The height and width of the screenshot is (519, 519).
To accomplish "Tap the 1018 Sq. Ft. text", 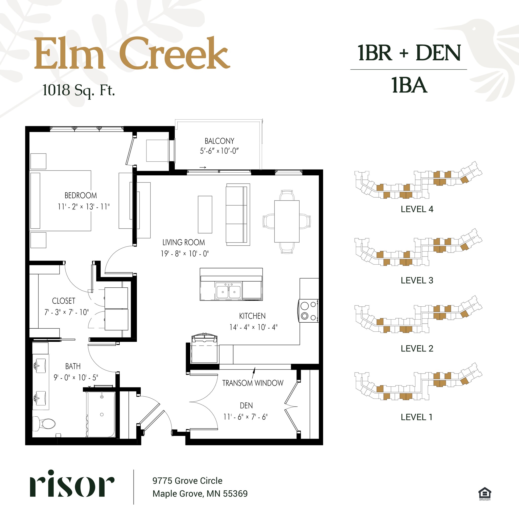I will point(79,90).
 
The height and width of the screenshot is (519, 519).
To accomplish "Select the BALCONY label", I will point(219,141).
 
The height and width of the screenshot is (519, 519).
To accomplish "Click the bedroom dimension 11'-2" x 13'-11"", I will point(84,207).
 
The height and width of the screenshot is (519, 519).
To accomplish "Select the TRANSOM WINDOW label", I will point(252,383).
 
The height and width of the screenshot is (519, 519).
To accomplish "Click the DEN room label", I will point(246,405).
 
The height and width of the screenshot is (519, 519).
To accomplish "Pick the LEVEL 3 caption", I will point(417,281).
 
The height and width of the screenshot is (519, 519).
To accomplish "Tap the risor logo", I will point(72,488).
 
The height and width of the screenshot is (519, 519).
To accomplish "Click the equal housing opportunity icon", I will point(485,493).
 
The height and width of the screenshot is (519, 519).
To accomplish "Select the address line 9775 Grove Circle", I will point(187,480).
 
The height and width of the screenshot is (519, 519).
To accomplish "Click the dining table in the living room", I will point(287,221).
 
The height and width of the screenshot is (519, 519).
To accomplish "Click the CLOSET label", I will point(64,301).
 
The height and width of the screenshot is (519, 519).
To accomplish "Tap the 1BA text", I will point(409,85).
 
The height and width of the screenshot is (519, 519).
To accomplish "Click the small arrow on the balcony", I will point(203,167).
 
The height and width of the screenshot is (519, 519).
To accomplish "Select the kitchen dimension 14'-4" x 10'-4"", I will point(253,327).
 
